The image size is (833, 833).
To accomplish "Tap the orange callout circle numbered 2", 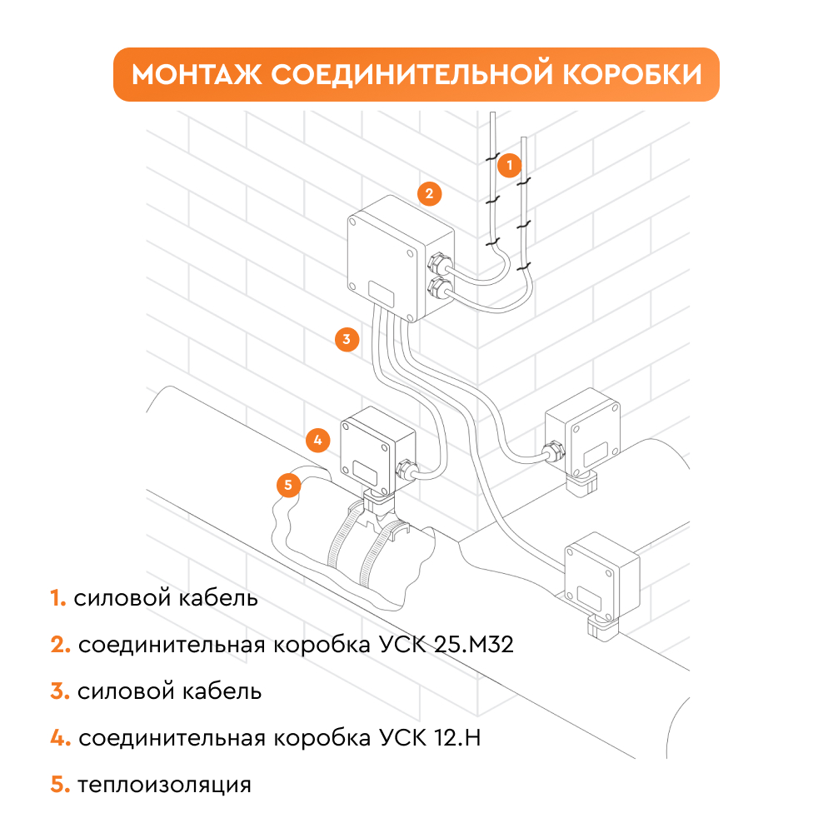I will coord(428,194).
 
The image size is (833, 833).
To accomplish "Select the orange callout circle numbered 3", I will coord(347,339).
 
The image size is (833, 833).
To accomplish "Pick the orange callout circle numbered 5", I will coord(287,484).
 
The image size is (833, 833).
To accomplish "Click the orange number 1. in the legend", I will coord(57,599).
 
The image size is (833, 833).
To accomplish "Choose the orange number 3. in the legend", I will coord(59,691).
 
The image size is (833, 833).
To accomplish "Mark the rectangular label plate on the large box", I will coord(382,293).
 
